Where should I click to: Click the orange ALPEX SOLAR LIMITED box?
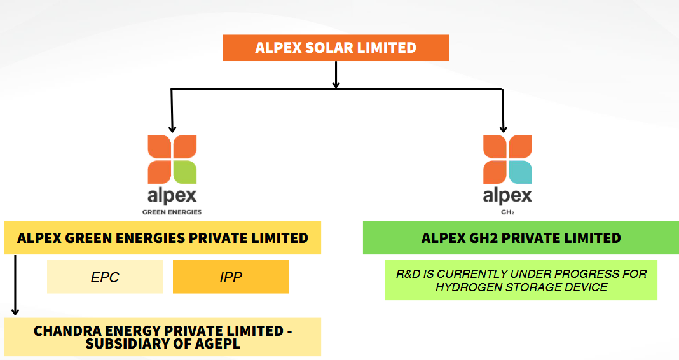tap(336, 48)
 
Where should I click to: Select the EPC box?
tap(104, 277)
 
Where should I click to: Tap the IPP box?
tap(230, 277)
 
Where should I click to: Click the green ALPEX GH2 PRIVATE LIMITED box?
tap(521, 238)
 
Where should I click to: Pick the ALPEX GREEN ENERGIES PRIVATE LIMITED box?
tap(162, 238)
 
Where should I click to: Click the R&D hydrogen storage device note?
tap(521, 280)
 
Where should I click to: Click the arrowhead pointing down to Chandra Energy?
tap(15, 311)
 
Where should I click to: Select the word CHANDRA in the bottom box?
tap(63, 331)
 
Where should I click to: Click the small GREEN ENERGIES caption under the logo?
tap(171, 212)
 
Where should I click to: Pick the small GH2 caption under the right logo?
tap(506, 212)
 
